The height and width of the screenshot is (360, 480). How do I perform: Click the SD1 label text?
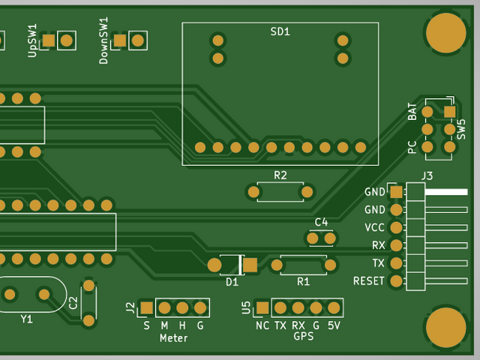pyautogui.click(x=280, y=31)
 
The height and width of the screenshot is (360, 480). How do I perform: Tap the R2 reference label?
pyautogui.click(x=280, y=175)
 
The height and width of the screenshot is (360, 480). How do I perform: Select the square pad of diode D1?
pyautogui.click(x=250, y=265)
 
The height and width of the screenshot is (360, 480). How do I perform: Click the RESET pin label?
pyautogui.click(x=368, y=281)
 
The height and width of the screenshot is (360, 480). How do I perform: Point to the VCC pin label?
pyautogui.click(x=374, y=227)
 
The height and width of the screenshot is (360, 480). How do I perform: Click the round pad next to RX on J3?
pyautogui.click(x=397, y=245)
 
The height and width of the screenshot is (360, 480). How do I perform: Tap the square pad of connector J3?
pyautogui.click(x=397, y=192)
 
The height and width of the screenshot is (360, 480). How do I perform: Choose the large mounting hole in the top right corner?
pyautogui.click(x=446, y=33)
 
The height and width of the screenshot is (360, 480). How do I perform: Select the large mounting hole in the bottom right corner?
pyautogui.click(x=446, y=328)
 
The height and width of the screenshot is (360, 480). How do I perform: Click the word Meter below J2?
pyautogui.click(x=173, y=338)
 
